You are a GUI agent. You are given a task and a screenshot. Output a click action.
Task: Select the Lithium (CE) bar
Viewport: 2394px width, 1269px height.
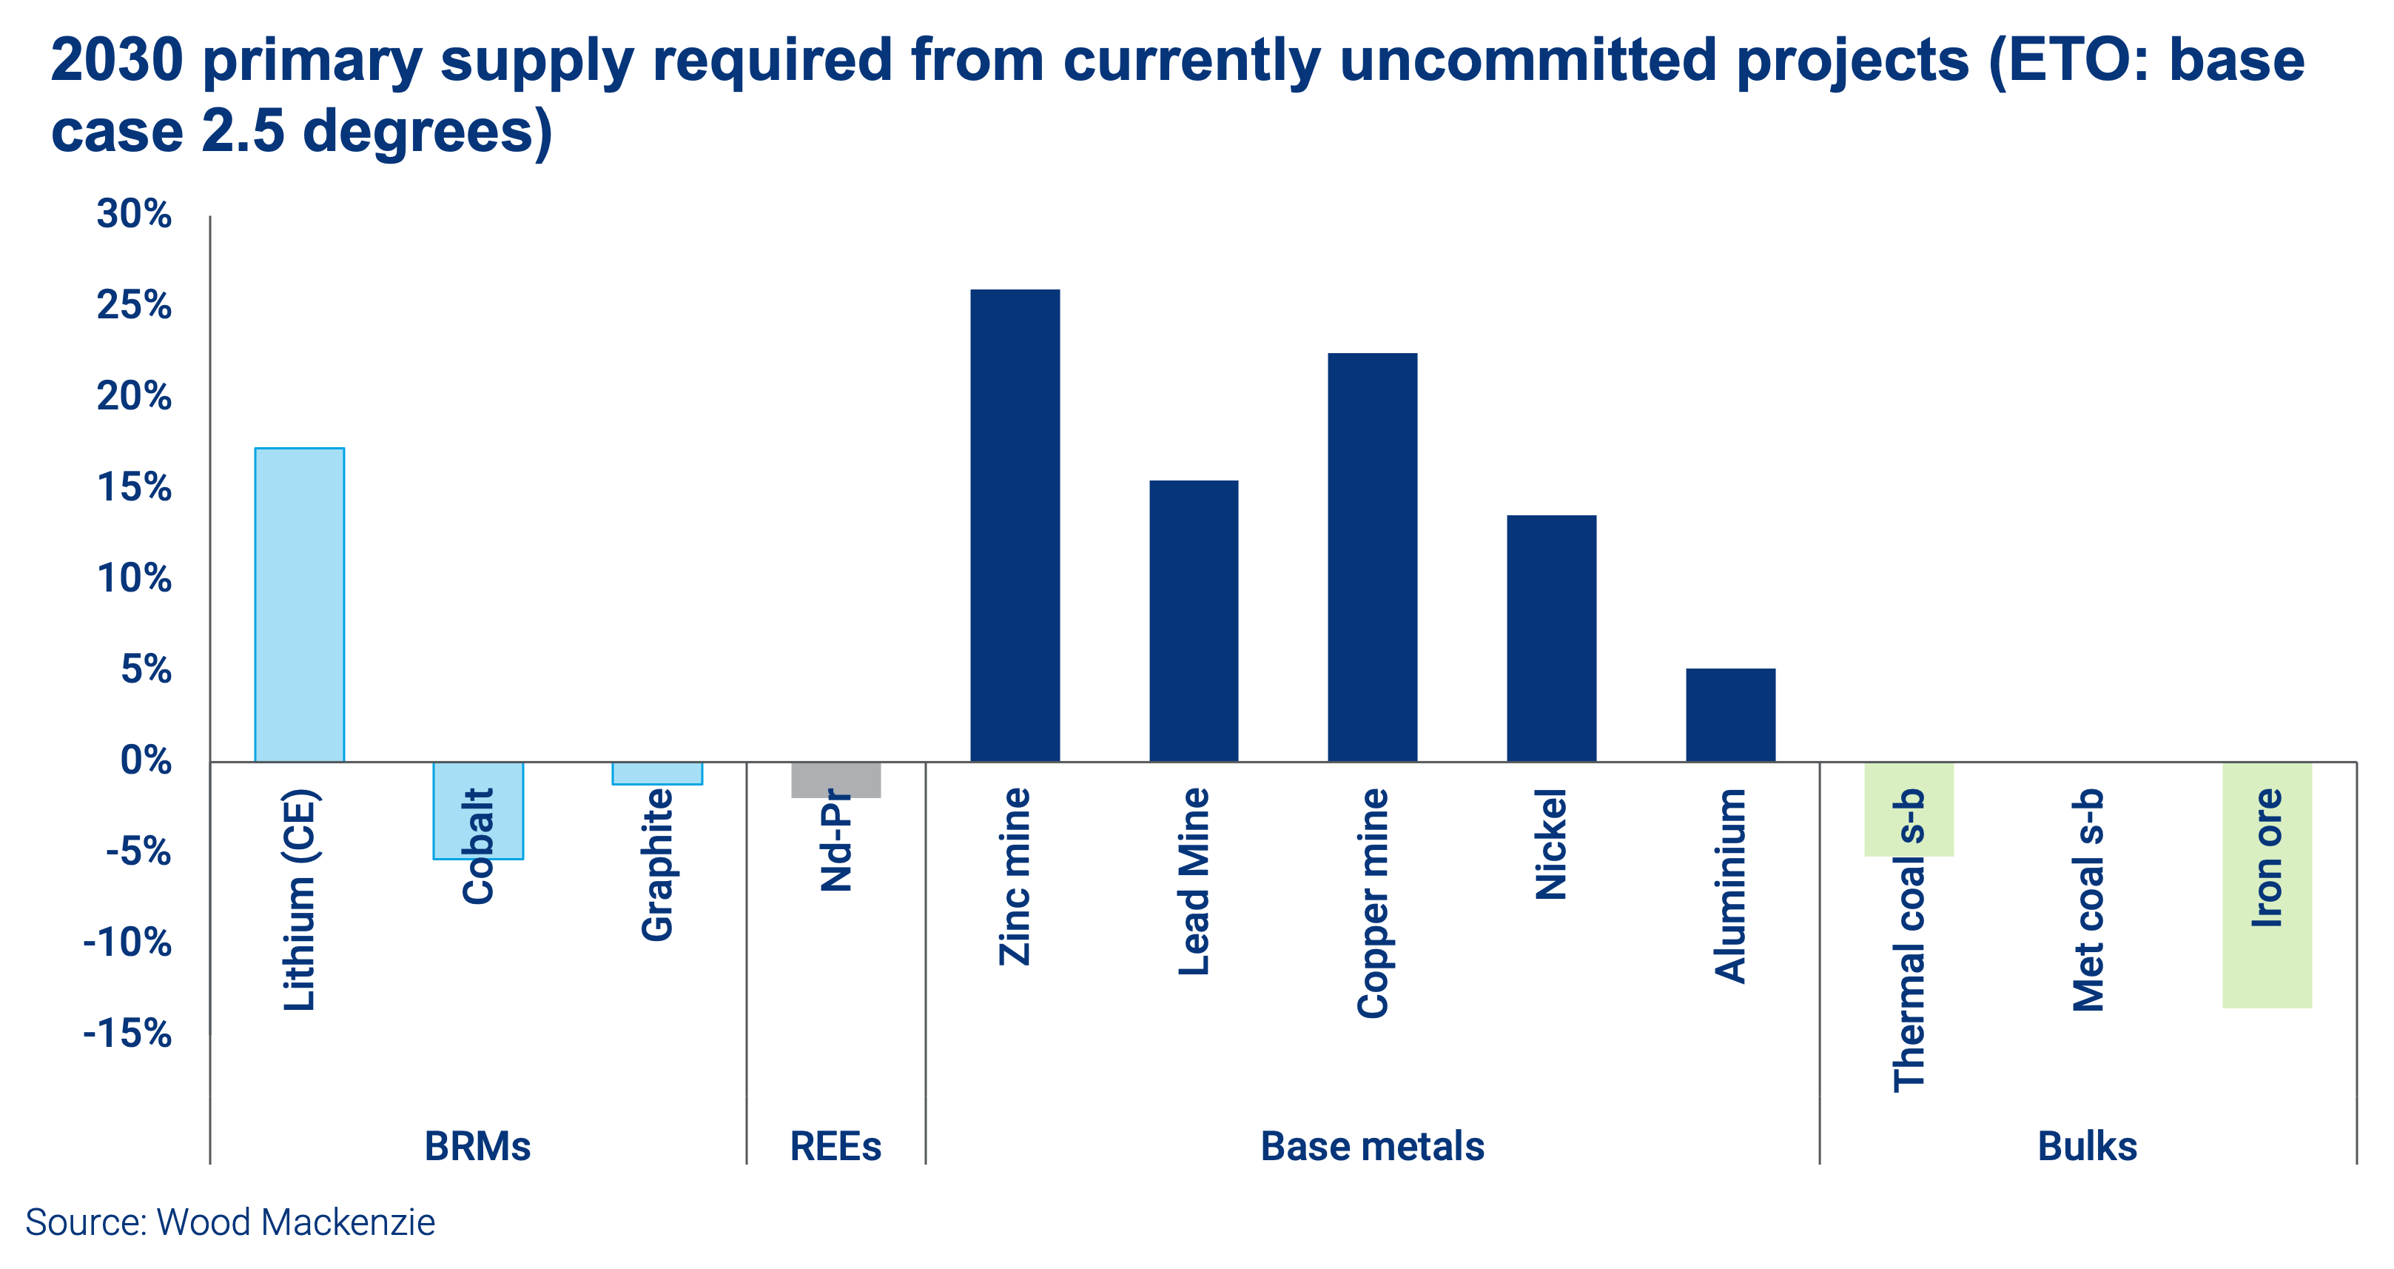(x=299, y=604)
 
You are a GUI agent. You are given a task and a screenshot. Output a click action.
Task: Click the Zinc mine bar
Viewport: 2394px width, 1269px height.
(x=1015, y=525)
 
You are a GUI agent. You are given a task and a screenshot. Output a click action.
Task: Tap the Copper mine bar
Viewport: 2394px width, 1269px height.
(x=1372, y=557)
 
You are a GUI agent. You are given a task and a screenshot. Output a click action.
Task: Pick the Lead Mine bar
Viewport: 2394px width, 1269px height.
(x=1193, y=621)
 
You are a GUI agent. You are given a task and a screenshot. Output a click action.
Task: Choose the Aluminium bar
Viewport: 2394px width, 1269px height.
(x=1729, y=715)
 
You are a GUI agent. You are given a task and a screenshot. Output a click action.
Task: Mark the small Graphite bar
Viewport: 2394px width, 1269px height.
(x=657, y=774)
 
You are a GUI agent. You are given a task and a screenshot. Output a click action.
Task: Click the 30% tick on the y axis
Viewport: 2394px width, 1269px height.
(x=135, y=215)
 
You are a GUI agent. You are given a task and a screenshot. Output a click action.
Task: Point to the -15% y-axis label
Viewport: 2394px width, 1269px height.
(x=127, y=1034)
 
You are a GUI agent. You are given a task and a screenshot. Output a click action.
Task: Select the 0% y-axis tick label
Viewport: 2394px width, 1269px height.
(x=146, y=761)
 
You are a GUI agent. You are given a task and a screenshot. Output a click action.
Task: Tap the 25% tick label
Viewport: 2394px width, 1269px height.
(x=135, y=306)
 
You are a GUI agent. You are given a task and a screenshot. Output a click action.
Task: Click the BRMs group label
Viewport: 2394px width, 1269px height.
(x=477, y=1146)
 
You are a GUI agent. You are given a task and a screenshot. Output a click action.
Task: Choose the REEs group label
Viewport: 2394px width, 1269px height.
(x=835, y=1146)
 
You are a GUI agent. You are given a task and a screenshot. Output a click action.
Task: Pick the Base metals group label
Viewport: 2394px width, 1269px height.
(x=1372, y=1146)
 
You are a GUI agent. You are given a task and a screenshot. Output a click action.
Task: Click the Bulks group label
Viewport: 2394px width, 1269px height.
(x=2088, y=1146)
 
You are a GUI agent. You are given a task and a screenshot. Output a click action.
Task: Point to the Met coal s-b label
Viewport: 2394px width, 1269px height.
(x=2088, y=900)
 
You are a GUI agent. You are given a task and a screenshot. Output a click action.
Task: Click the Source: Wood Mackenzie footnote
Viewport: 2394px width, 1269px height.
(x=230, y=1222)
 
